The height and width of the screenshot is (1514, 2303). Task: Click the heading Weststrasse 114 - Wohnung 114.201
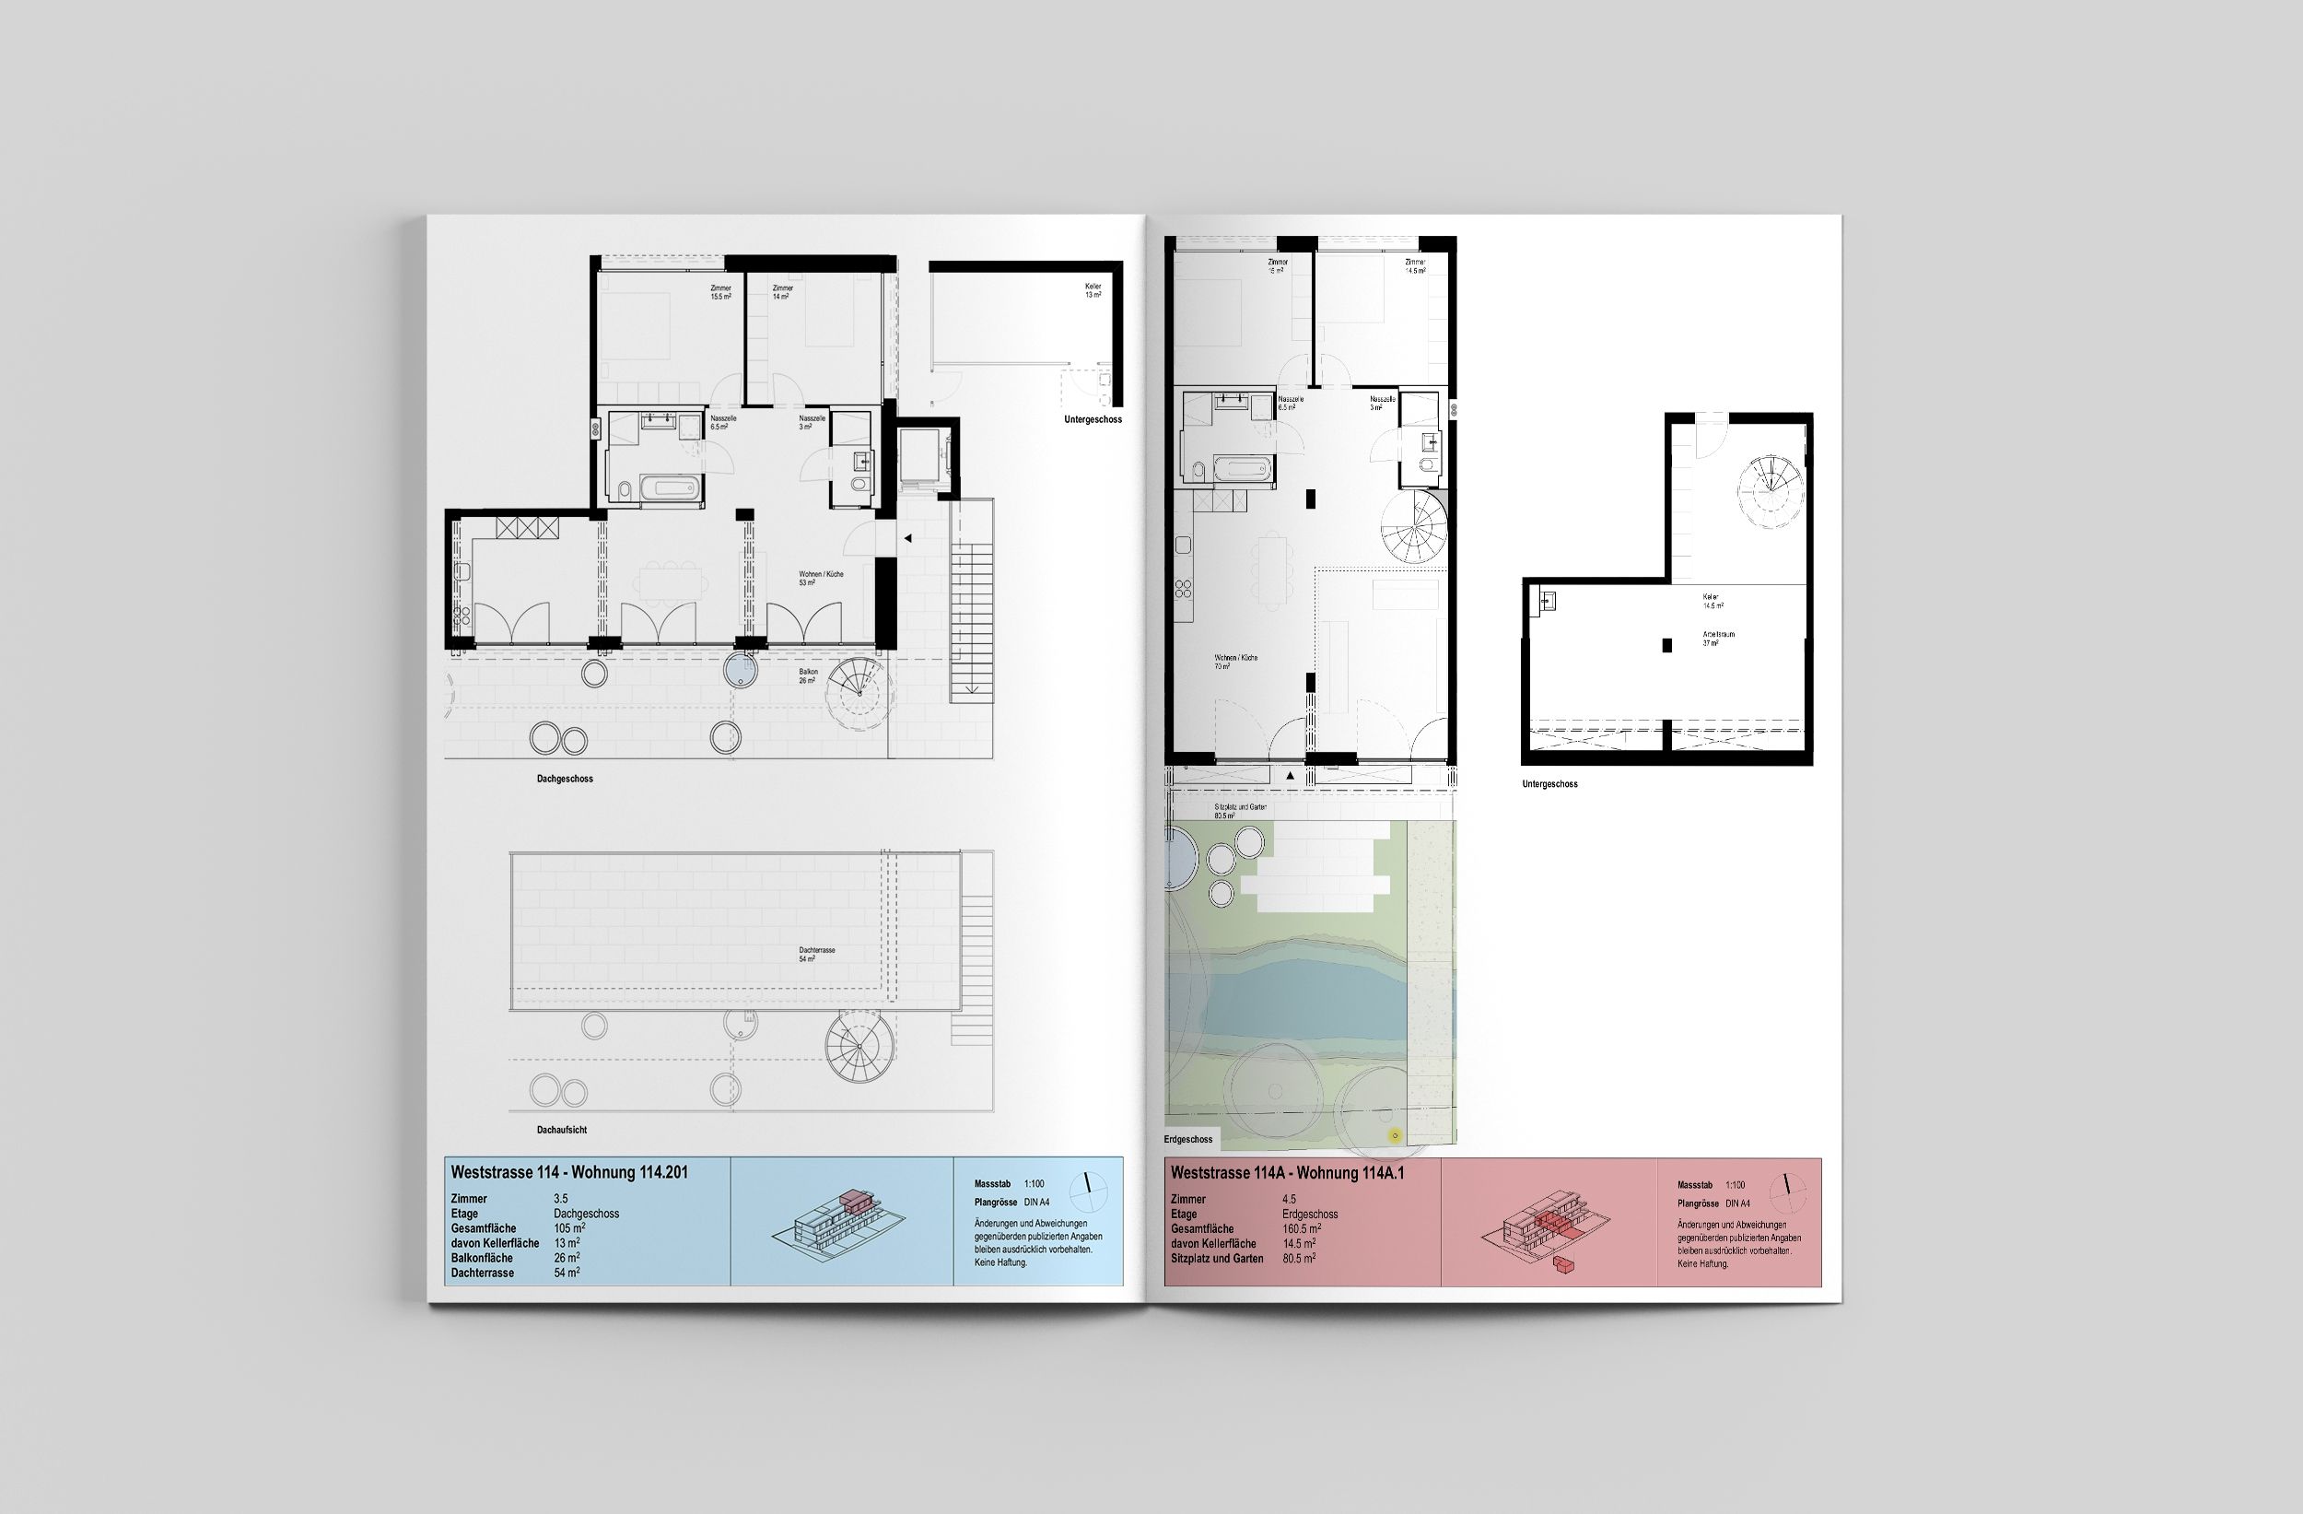coord(569,1172)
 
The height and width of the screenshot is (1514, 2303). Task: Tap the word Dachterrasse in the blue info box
coord(482,1273)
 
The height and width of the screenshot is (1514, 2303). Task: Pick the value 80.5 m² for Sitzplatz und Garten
coord(1299,1259)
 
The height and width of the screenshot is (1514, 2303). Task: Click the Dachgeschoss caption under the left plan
coord(565,779)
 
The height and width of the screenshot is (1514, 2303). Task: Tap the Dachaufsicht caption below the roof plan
coord(562,1130)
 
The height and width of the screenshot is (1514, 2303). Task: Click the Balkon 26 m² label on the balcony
coord(807,675)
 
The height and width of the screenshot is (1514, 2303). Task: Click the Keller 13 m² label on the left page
coord(1093,290)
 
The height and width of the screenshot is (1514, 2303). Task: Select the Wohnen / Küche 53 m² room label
coord(821,579)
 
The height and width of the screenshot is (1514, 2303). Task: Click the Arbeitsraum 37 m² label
coord(1719,638)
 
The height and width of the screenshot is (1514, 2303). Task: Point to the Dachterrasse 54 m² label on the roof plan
coord(817,955)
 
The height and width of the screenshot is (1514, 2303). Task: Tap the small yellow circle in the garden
coord(1394,1135)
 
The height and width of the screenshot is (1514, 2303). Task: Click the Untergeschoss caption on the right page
coord(1549,784)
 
